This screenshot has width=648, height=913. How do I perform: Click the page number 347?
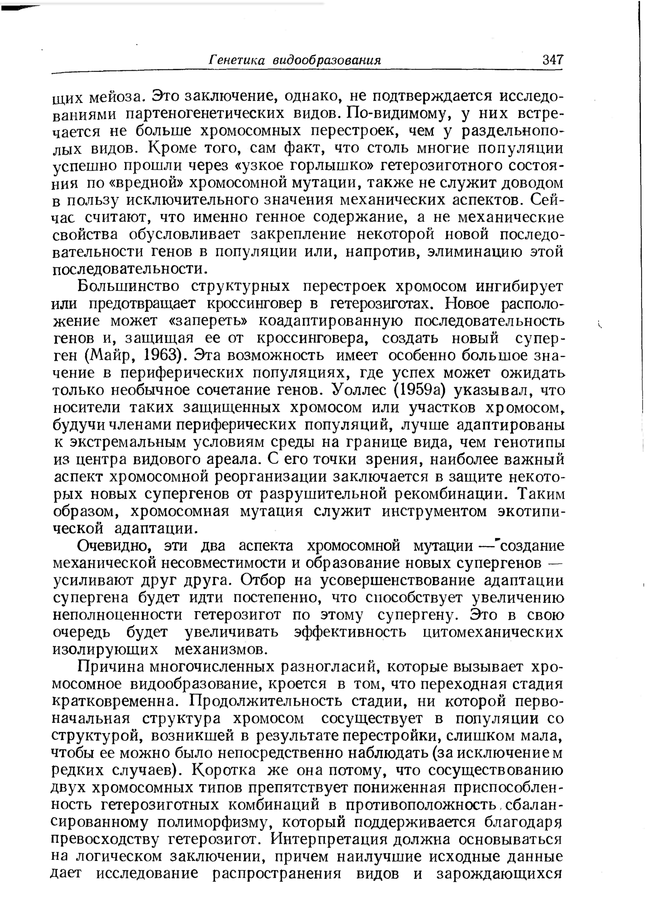[x=553, y=60]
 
